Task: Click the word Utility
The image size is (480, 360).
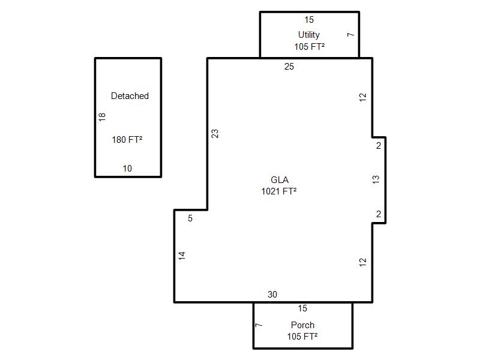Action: [309, 35]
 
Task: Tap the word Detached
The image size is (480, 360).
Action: [130, 96]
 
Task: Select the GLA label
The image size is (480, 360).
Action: [280, 179]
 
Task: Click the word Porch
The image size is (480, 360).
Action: [302, 325]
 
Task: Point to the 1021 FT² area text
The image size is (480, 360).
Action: [279, 191]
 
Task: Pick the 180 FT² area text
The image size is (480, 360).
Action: [127, 140]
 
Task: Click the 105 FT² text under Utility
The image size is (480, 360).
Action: [310, 47]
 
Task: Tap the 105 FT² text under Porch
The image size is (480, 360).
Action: [302, 337]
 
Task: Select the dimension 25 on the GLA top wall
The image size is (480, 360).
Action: [289, 67]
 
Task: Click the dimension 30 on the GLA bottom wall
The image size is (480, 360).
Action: [272, 295]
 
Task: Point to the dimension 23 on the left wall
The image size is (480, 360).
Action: [215, 134]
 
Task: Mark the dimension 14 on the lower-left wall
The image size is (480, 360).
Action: [182, 256]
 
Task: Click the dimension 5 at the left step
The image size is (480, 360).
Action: [190, 218]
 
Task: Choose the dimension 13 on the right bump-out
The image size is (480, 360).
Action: [376, 179]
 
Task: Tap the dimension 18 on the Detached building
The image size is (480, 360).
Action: [102, 117]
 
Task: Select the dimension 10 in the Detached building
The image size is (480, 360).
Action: [127, 169]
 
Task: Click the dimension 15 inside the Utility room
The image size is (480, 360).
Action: [309, 20]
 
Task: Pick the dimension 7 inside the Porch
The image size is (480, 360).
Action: [259, 325]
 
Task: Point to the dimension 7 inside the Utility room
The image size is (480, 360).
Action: [350, 35]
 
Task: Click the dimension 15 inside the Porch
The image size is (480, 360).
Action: [302, 308]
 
